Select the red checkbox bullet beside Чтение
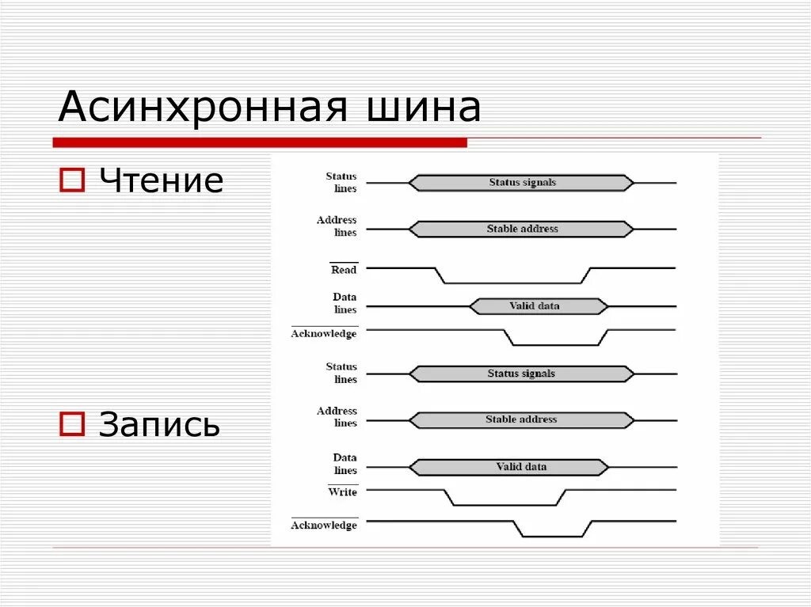[72, 181]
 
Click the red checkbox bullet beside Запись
[72, 425]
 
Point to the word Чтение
[161, 181]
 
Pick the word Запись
[159, 425]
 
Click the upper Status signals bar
[522, 183]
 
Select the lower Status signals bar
[522, 374]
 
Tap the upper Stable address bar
[522, 230]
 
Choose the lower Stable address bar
[522, 419]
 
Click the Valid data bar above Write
[509, 467]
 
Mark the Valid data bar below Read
[539, 306]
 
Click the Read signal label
[344, 270]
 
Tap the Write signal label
[342, 492]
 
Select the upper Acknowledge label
[324, 334]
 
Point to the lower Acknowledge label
[324, 525]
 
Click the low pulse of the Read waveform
[513, 282]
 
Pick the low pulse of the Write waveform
[506, 505]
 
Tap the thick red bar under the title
[260, 142]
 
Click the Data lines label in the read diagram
[345, 303]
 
